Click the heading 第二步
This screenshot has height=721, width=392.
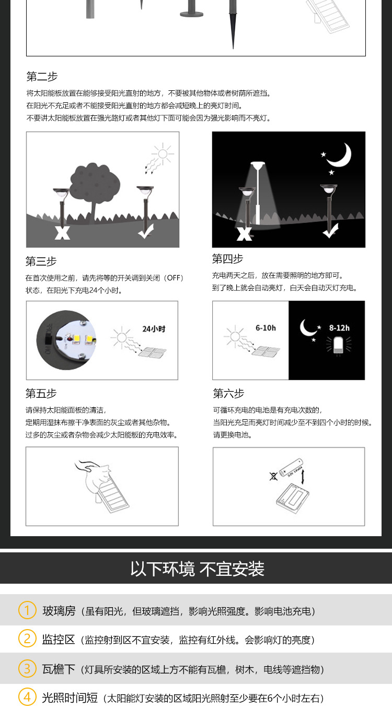[x=42, y=76]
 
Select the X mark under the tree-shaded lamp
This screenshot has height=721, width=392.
[x=62, y=232]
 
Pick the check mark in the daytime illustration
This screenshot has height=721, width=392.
[x=146, y=231]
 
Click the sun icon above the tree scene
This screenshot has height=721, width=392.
[x=163, y=154]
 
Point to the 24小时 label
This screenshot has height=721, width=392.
[x=154, y=329]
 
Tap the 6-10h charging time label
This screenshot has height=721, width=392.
[x=266, y=328]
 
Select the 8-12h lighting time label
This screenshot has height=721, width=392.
[x=339, y=328]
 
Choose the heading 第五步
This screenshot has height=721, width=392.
[x=41, y=393]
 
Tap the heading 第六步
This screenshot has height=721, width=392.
[x=228, y=393]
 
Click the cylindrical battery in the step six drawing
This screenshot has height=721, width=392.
[x=291, y=467]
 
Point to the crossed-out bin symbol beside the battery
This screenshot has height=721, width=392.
[x=273, y=476]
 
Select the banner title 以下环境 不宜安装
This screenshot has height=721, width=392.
[x=197, y=569]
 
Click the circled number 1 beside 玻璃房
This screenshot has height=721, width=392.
[x=27, y=610]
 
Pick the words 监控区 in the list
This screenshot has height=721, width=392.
[x=59, y=639]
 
